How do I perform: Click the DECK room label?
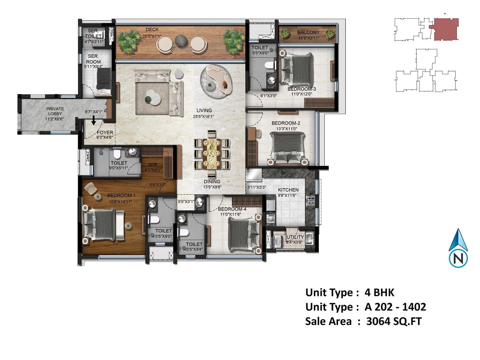[152, 29]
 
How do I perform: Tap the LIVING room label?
[204, 110]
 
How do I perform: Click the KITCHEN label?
[288, 190]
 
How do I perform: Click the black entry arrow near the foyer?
[94, 120]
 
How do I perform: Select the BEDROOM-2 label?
[286, 123]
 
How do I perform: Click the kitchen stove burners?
[311, 201]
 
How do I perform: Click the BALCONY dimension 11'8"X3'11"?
[308, 38]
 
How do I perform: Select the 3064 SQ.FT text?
[394, 321]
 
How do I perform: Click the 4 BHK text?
[379, 292]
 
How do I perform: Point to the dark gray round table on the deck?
[181, 41]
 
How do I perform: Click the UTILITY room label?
[295, 237]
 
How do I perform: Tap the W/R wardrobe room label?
[153, 165]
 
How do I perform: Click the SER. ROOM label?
[93, 59]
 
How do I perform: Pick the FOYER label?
[105, 133]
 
